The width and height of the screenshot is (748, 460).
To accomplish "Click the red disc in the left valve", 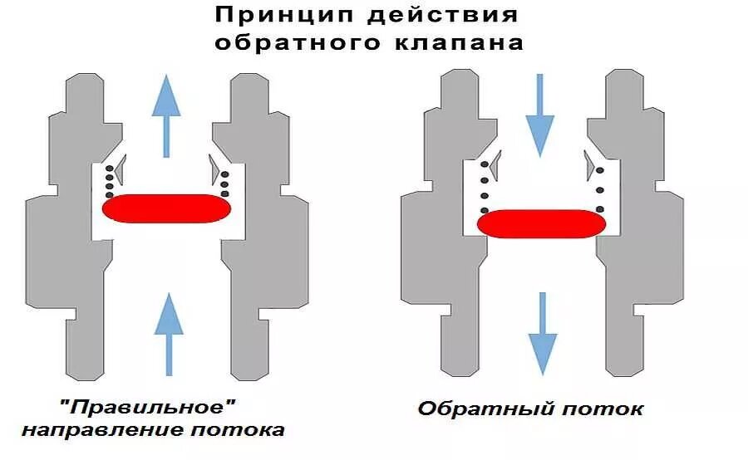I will click(x=165, y=208).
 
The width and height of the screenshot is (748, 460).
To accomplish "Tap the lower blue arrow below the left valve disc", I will click(x=169, y=324).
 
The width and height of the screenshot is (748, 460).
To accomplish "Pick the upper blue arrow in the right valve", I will click(x=540, y=112).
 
